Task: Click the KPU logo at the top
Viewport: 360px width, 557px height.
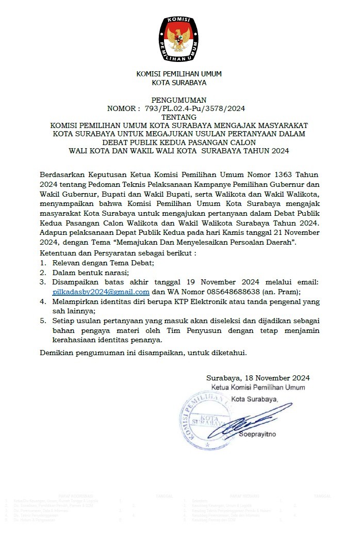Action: [x=179, y=35]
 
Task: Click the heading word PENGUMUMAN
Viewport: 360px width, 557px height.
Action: [x=179, y=100]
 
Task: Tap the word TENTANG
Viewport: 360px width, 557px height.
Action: [x=179, y=117]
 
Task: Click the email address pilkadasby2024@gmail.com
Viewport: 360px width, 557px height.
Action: [x=101, y=291]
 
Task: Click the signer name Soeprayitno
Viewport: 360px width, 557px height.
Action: [x=257, y=434]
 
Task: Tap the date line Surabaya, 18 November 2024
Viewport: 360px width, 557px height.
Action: [x=258, y=378]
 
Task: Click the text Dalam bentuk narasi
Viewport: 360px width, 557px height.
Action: [x=90, y=272]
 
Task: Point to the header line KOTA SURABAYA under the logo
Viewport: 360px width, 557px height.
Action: [x=179, y=83]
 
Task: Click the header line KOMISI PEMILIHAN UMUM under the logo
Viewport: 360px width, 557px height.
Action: [x=179, y=74]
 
